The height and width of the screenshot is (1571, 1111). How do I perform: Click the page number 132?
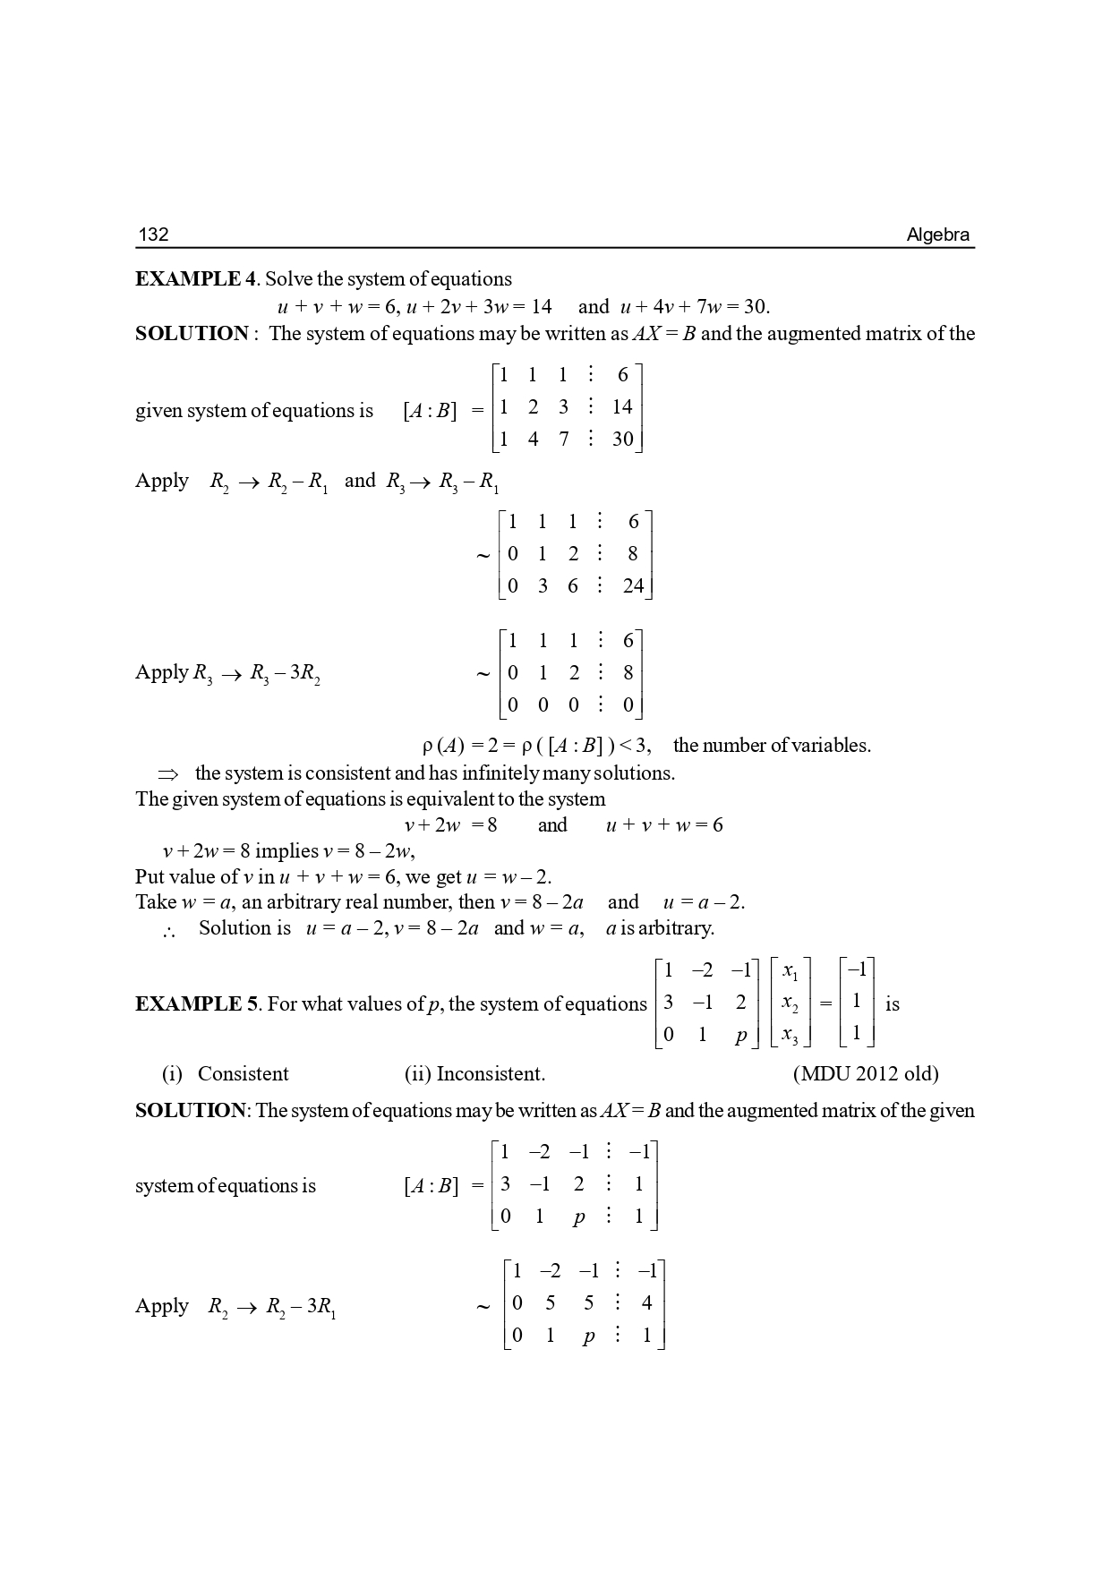(153, 235)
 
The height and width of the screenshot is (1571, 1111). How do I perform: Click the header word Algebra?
(937, 235)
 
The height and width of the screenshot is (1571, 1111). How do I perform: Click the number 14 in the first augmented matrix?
(622, 407)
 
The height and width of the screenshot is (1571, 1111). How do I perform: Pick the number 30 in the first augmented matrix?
(622, 439)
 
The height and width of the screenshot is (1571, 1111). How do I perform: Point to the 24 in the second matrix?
(633, 585)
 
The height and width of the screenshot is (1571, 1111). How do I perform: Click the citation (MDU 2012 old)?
(866, 1073)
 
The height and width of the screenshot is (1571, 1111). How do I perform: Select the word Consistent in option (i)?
(243, 1073)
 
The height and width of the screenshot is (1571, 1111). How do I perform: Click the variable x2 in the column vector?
(790, 1003)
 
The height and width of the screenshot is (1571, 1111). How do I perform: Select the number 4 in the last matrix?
(646, 1303)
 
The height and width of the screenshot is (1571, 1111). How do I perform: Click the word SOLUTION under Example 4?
(192, 334)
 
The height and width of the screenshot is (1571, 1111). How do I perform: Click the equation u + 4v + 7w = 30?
(695, 307)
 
